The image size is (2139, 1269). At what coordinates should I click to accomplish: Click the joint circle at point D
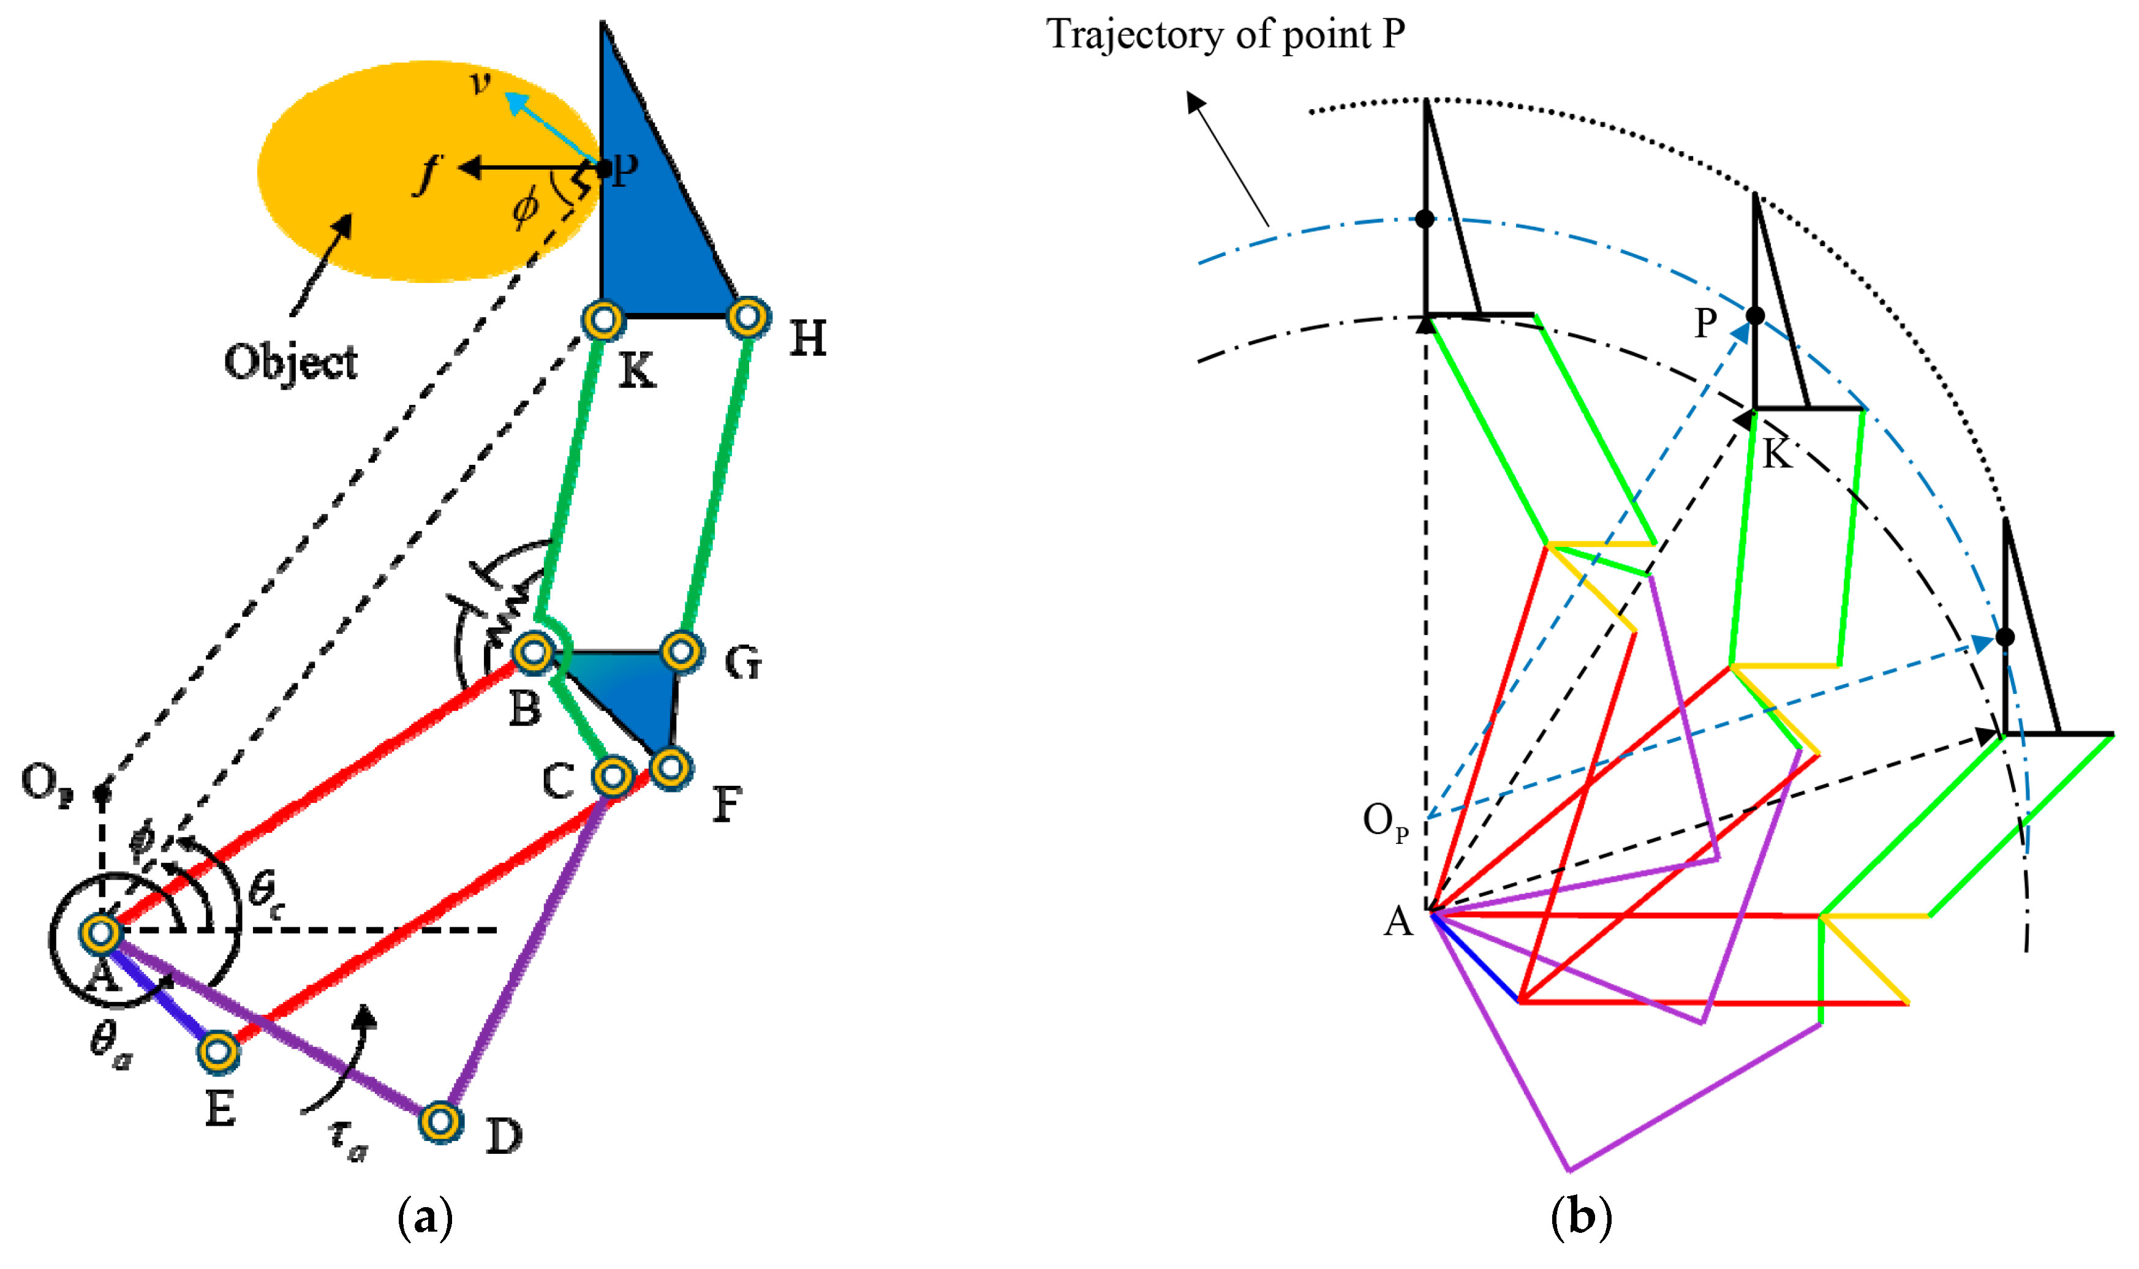tap(440, 1120)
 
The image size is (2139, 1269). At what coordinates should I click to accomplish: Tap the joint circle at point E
tap(218, 1050)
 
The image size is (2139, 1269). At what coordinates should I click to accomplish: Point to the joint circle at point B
tap(534, 652)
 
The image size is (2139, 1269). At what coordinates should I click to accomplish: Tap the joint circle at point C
tap(613, 775)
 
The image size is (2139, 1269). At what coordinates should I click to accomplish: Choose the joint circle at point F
tap(671, 767)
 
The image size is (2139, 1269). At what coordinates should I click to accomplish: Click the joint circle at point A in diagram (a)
tap(101, 933)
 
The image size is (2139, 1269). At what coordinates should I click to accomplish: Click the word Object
tap(291, 362)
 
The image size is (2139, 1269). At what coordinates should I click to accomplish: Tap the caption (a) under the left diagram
tap(425, 1217)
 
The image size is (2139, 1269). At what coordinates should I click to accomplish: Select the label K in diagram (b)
tap(1777, 453)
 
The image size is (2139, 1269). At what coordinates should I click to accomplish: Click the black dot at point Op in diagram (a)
tap(102, 792)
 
